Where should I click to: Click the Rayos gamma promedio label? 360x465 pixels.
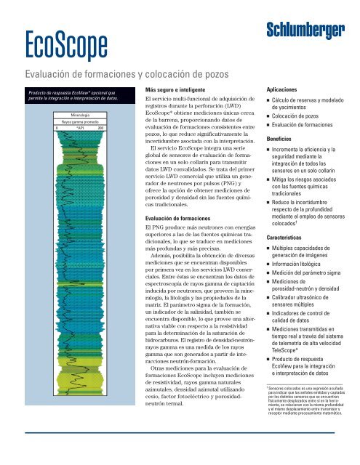click(x=75, y=122)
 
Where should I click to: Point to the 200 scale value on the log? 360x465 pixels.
click(x=100, y=128)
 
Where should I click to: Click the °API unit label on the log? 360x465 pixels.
click(x=75, y=128)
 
